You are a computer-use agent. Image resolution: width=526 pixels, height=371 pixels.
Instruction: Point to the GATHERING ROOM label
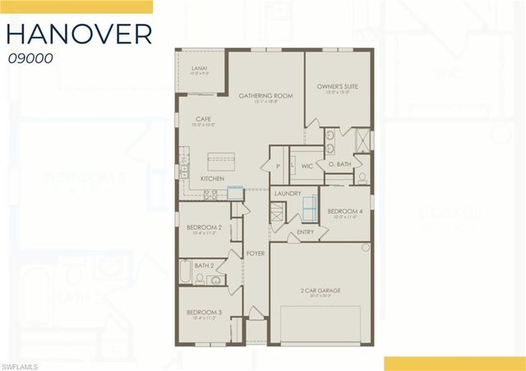tap(261, 96)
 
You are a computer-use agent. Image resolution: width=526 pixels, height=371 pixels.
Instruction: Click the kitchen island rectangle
tap(224, 158)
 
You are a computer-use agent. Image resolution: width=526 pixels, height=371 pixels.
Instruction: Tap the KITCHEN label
tap(213, 178)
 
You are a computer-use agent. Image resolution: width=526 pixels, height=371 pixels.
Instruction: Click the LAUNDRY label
tap(288, 194)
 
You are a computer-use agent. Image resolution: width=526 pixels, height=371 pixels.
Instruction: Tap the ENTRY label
tap(306, 231)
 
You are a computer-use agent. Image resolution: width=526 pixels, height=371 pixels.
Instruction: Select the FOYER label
tap(256, 254)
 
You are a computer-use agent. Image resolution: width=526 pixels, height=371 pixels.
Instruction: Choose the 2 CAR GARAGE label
tap(321, 290)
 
